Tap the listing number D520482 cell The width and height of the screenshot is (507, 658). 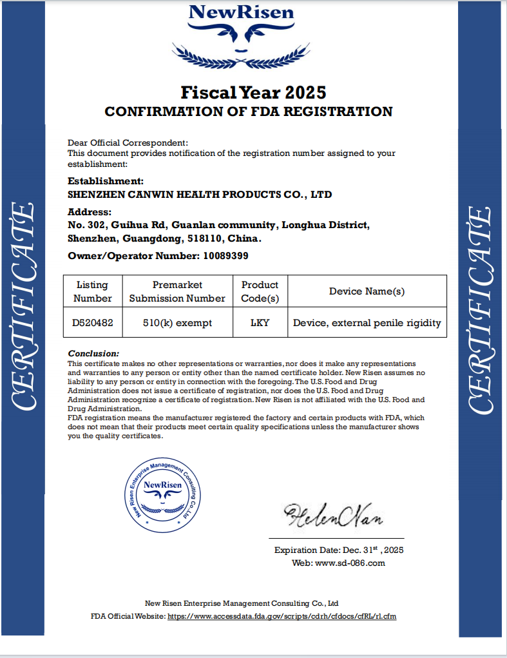(92, 322)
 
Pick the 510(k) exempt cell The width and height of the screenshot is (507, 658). (177, 322)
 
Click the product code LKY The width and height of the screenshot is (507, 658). (260, 322)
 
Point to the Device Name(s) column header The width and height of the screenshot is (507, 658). (367, 291)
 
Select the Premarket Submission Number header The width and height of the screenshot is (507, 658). (177, 291)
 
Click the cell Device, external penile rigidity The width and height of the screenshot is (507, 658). (367, 322)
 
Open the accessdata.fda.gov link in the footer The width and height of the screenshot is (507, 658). (282, 616)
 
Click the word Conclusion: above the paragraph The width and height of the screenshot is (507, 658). (93, 354)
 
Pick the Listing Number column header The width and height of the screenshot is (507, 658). (92, 291)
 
